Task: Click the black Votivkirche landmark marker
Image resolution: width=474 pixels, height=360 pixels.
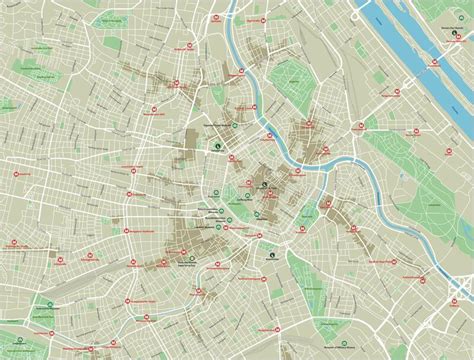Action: coord(217,147)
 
